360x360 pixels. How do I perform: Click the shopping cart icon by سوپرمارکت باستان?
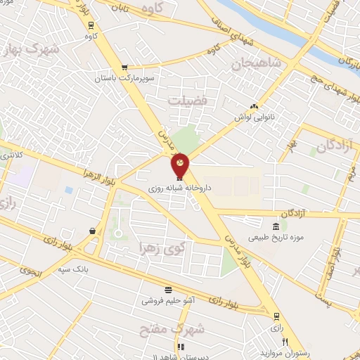[x=124, y=67]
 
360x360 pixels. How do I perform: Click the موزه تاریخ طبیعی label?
[x=274, y=237]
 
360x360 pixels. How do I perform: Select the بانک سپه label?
[x=91, y=269]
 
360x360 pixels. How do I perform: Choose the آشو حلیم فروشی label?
[x=169, y=300]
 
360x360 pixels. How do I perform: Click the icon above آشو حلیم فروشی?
[x=169, y=289]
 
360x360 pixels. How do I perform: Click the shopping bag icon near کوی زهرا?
[x=92, y=231]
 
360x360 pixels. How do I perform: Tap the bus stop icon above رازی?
[x=276, y=315]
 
